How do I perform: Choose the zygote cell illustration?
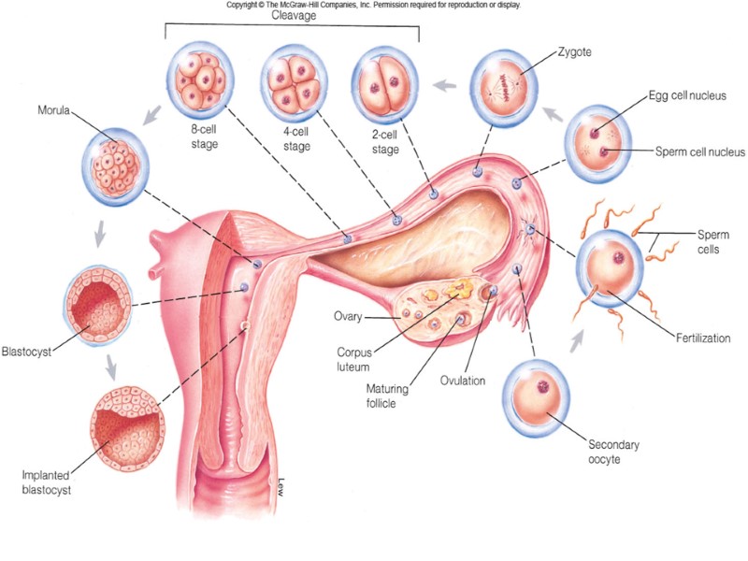(x=505, y=88)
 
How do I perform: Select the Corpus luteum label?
(x=360, y=359)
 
